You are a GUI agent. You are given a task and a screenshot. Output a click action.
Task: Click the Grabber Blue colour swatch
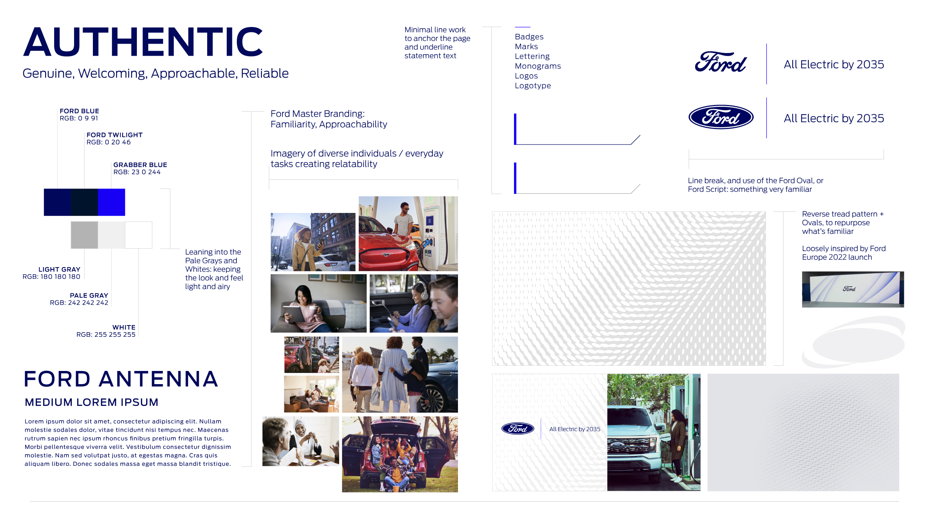(x=111, y=202)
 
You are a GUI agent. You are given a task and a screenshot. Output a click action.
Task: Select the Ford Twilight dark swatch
(x=84, y=202)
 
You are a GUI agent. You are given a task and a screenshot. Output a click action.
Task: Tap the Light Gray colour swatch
(x=84, y=235)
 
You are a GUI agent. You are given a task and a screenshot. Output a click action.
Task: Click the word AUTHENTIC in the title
(x=143, y=42)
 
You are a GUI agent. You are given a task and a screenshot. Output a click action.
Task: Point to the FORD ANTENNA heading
(x=121, y=379)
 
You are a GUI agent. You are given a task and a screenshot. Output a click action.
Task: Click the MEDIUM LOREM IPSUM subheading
(x=91, y=402)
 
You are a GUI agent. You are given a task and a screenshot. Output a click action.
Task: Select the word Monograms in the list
(x=538, y=66)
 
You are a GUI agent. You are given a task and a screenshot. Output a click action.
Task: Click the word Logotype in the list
(x=533, y=86)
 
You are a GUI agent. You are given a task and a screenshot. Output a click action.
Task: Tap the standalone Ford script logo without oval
(x=720, y=62)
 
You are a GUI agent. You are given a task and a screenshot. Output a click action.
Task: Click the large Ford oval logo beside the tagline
(x=721, y=117)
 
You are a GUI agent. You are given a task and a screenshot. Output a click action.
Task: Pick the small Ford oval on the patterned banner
(x=518, y=428)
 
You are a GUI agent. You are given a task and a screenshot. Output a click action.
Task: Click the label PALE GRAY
(x=89, y=295)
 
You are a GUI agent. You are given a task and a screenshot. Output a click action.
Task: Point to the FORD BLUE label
(x=79, y=111)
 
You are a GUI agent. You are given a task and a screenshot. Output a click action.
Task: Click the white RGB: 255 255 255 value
(x=106, y=334)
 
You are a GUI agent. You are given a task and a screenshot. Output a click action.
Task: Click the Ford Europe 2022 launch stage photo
(x=852, y=289)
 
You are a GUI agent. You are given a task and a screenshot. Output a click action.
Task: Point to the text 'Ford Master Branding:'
(x=317, y=114)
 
